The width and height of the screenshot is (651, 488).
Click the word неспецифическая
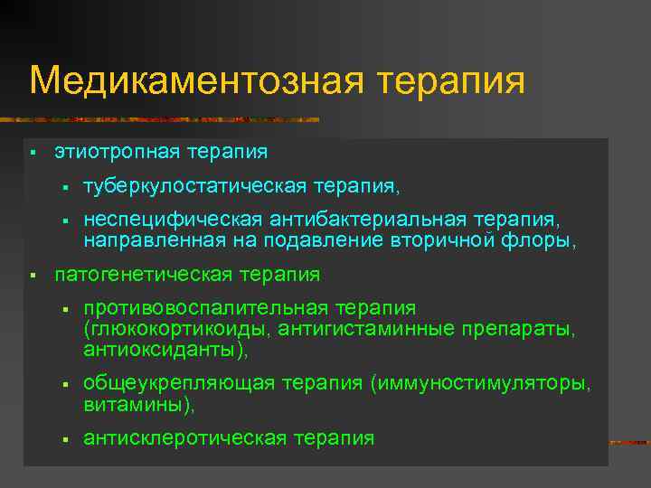[172, 221]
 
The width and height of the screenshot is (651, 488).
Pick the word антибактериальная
[364, 221]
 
